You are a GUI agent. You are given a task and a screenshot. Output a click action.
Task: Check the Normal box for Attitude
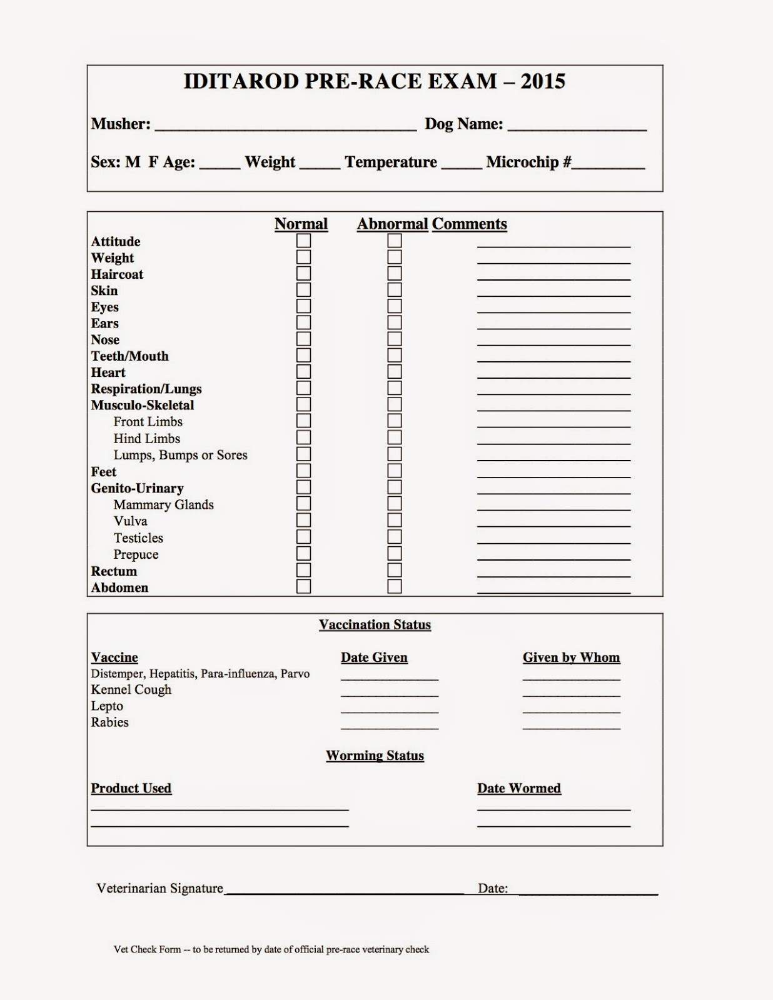pos(303,241)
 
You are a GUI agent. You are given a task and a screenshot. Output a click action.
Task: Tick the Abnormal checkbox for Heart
pos(395,372)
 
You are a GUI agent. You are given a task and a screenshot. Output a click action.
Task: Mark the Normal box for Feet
pos(303,471)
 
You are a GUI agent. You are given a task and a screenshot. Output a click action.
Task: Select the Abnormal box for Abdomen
pos(395,586)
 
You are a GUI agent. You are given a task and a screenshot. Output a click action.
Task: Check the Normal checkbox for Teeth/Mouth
pos(303,356)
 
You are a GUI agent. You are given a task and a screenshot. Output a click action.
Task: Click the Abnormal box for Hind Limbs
pos(395,437)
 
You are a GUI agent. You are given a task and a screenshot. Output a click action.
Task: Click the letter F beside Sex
pos(153,162)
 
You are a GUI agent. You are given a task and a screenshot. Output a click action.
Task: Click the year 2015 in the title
pos(543,81)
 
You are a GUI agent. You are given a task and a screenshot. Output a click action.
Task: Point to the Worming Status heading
pos(375,756)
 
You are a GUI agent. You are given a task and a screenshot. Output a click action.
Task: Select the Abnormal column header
pos(392,224)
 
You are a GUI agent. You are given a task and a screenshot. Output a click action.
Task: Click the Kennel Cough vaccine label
pos(131,689)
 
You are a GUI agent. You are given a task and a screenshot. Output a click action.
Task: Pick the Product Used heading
pos(131,788)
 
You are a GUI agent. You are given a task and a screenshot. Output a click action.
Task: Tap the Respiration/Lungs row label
pos(146,389)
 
